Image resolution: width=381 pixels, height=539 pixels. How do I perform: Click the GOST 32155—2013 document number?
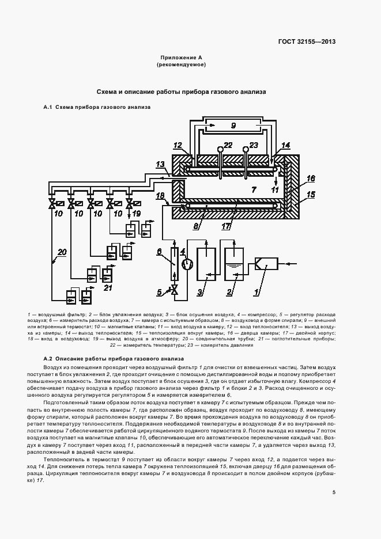pyautogui.click(x=306, y=41)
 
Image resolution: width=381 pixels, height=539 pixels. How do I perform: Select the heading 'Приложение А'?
pyautogui.click(x=181, y=58)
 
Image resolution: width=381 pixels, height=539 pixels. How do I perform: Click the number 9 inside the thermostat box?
pyautogui.click(x=233, y=126)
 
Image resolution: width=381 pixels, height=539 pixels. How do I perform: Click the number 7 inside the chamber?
pyautogui.click(x=252, y=189)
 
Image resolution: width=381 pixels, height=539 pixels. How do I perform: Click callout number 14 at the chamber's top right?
pyautogui.click(x=286, y=145)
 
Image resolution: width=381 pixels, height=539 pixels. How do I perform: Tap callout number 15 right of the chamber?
pyautogui.click(x=312, y=195)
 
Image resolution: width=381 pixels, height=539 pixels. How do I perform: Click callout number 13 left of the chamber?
pyautogui.click(x=161, y=164)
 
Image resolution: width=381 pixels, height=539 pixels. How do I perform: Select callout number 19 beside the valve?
pyautogui.click(x=137, y=213)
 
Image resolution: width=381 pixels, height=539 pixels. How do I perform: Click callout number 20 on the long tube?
pyautogui.click(x=62, y=252)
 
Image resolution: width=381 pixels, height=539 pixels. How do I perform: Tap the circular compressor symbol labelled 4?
pyautogui.click(x=186, y=263)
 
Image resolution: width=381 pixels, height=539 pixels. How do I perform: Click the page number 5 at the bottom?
pyautogui.click(x=334, y=492)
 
